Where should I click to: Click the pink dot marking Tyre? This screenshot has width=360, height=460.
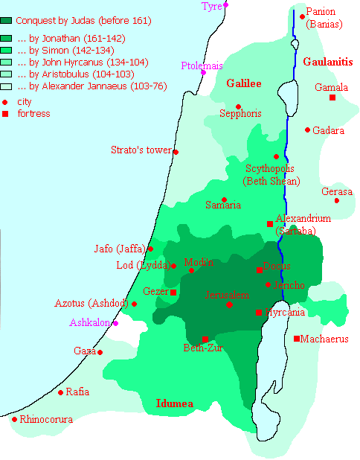tap(226, 5)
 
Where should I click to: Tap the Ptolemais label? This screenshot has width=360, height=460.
tap(202, 66)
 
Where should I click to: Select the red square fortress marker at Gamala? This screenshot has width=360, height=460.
tap(332, 98)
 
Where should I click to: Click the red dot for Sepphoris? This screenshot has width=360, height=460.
tap(238, 106)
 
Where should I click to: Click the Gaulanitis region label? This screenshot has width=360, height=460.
tap(327, 62)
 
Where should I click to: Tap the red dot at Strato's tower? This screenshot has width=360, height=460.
tap(176, 152)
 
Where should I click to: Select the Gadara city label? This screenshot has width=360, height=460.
tap(328, 130)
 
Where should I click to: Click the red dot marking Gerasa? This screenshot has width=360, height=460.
tap(336, 200)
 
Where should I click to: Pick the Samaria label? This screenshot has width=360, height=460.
tap(222, 204)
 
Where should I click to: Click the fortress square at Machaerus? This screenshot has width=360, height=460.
tap(297, 339)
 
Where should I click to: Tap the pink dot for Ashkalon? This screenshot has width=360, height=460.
tap(115, 323)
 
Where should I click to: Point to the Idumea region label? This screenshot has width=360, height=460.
tap(174, 403)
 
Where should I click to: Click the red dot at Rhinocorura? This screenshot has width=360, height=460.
tap(14, 419)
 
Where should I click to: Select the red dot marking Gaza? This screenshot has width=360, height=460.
tap(100, 352)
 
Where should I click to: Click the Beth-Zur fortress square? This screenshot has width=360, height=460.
tap(205, 339)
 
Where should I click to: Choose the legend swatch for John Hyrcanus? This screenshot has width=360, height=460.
tap(7, 62)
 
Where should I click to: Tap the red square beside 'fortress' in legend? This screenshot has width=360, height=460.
tap(6, 114)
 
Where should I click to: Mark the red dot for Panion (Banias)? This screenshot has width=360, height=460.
tap(302, 16)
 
